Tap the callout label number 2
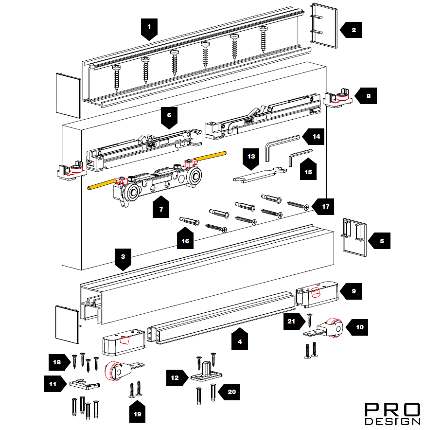(x=353, y=30)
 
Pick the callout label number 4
(x=239, y=340)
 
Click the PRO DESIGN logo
(x=392, y=413)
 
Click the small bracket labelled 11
(x=85, y=384)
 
